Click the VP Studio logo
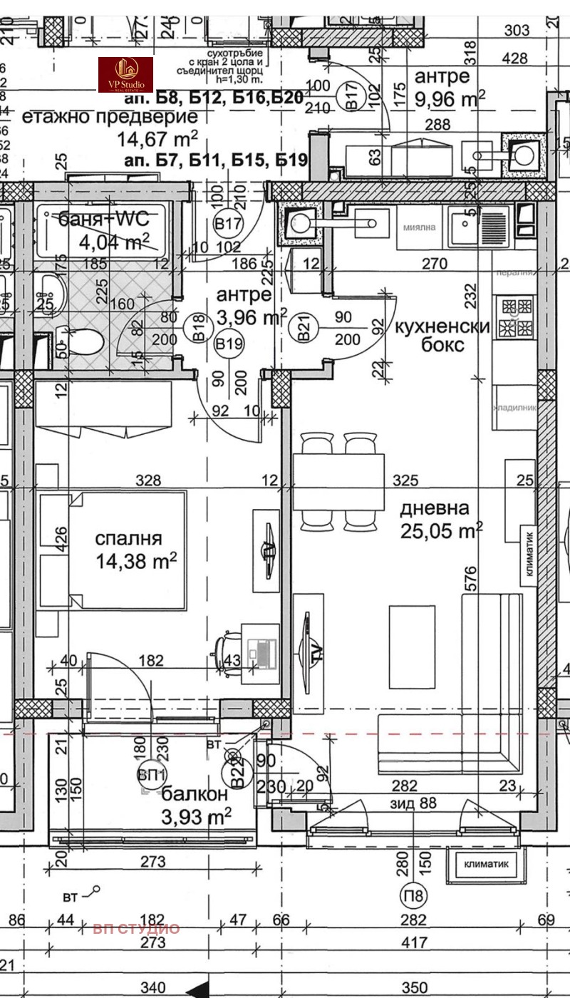[x=125, y=75]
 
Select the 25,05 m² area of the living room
[x=441, y=530]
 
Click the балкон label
[x=195, y=794]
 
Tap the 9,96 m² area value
[x=450, y=98]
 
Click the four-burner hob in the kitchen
[x=517, y=317]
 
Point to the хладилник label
[x=513, y=406]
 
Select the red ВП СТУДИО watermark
[x=136, y=928]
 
